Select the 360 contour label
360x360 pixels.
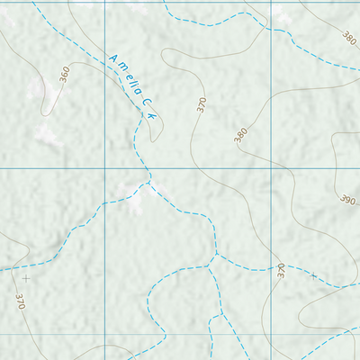pyautogui.click(x=64, y=75)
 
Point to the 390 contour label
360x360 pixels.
pyautogui.click(x=346, y=198)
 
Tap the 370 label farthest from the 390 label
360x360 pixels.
pyautogui.click(x=20, y=300)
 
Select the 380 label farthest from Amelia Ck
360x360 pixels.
pyautogui.click(x=349, y=38)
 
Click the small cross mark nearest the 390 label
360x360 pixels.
pyautogui.click(x=314, y=276)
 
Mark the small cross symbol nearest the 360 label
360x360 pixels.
pyautogui.click(x=25, y=278)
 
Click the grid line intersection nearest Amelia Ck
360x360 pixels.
pyautogui.click(x=104, y=168)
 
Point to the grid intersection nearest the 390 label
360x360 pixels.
pyautogui.click(x=269, y=168)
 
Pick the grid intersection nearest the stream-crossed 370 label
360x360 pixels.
pyautogui.click(x=269, y=333)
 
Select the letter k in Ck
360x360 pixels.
pyautogui.click(x=154, y=117)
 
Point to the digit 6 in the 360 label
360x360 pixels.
pyautogui.click(x=64, y=75)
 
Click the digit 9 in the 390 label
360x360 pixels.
pyautogui.click(x=346, y=198)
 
